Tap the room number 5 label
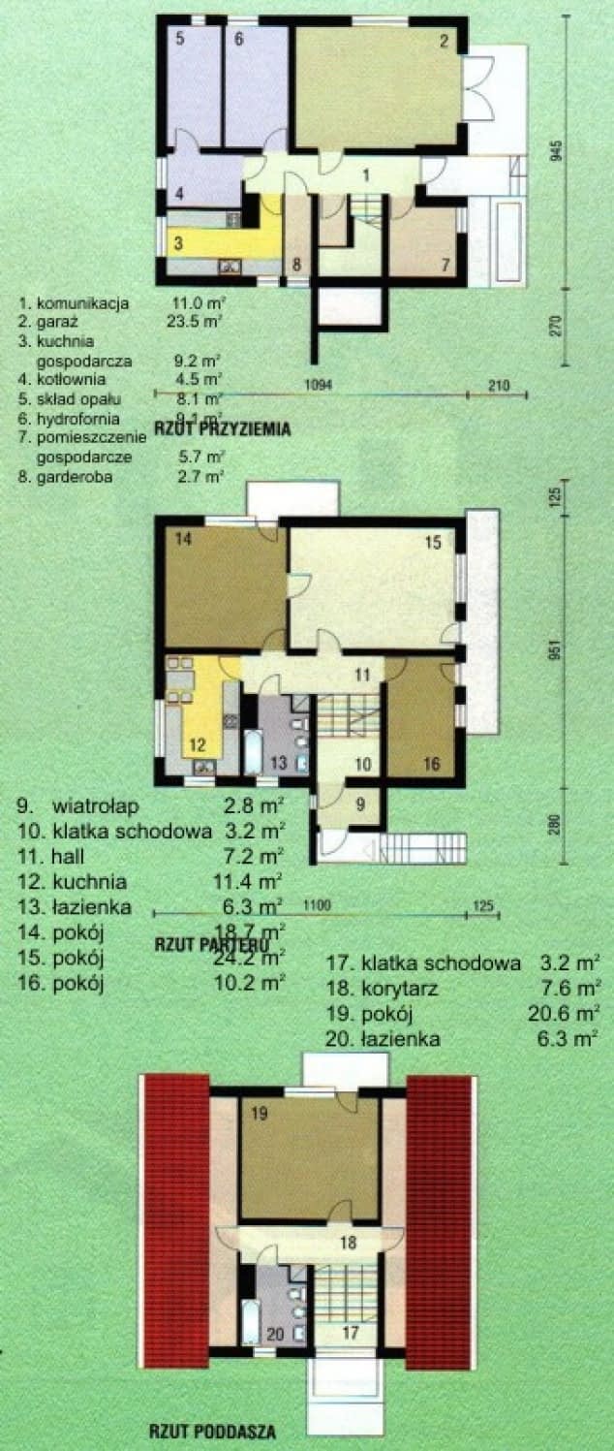coord(180,40)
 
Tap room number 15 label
coord(433,544)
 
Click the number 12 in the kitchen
coord(197,744)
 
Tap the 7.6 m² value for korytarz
coord(569,989)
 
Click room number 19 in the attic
coord(258,1115)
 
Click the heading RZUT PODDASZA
coord(212,1430)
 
